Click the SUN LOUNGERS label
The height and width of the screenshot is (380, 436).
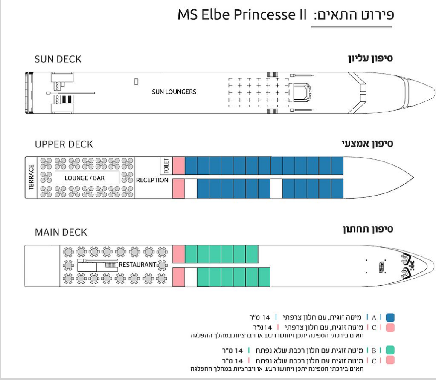pos(174,92)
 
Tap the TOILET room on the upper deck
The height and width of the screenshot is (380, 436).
pos(166,166)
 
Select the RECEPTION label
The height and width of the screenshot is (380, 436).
pos(152,180)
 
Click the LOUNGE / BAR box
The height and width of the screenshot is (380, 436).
pos(87,178)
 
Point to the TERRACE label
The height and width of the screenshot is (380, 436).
pos(31,177)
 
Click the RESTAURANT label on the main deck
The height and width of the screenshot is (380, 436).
pos(137,265)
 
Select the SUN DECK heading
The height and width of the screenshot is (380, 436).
pos(58,59)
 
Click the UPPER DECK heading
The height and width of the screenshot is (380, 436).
pos(64,144)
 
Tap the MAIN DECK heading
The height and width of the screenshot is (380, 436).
pos(61,232)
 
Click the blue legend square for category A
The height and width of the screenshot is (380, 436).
pos(390,317)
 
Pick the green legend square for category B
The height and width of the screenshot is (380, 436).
pos(390,350)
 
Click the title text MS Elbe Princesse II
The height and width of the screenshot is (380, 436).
pos(242,14)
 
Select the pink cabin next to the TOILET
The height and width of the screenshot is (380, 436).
pos(179,166)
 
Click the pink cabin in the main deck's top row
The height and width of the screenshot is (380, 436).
pos(179,254)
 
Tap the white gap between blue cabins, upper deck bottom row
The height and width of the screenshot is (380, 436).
pos(276,188)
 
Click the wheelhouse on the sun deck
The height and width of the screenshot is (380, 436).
pos(300,92)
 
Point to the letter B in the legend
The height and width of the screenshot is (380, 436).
pos(374,351)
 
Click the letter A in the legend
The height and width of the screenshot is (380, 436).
pos(374,317)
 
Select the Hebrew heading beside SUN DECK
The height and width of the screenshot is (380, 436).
pos(370,58)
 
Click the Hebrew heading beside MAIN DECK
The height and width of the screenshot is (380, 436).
pos(368,229)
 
